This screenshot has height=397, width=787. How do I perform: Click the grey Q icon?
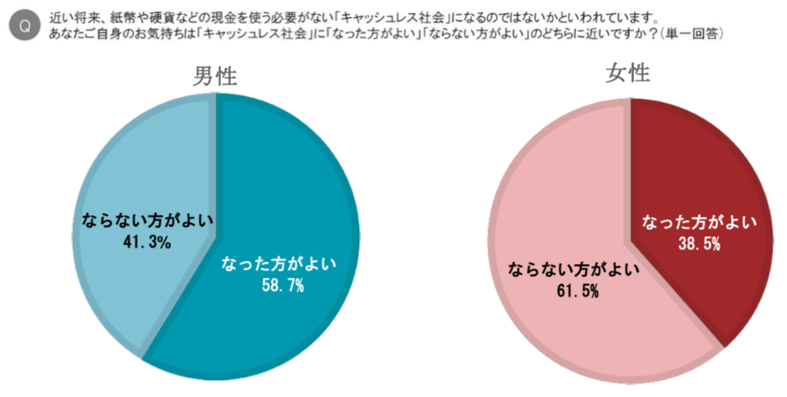25,25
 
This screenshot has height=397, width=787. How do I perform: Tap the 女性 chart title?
628,73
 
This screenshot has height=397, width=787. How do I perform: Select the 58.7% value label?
283,286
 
